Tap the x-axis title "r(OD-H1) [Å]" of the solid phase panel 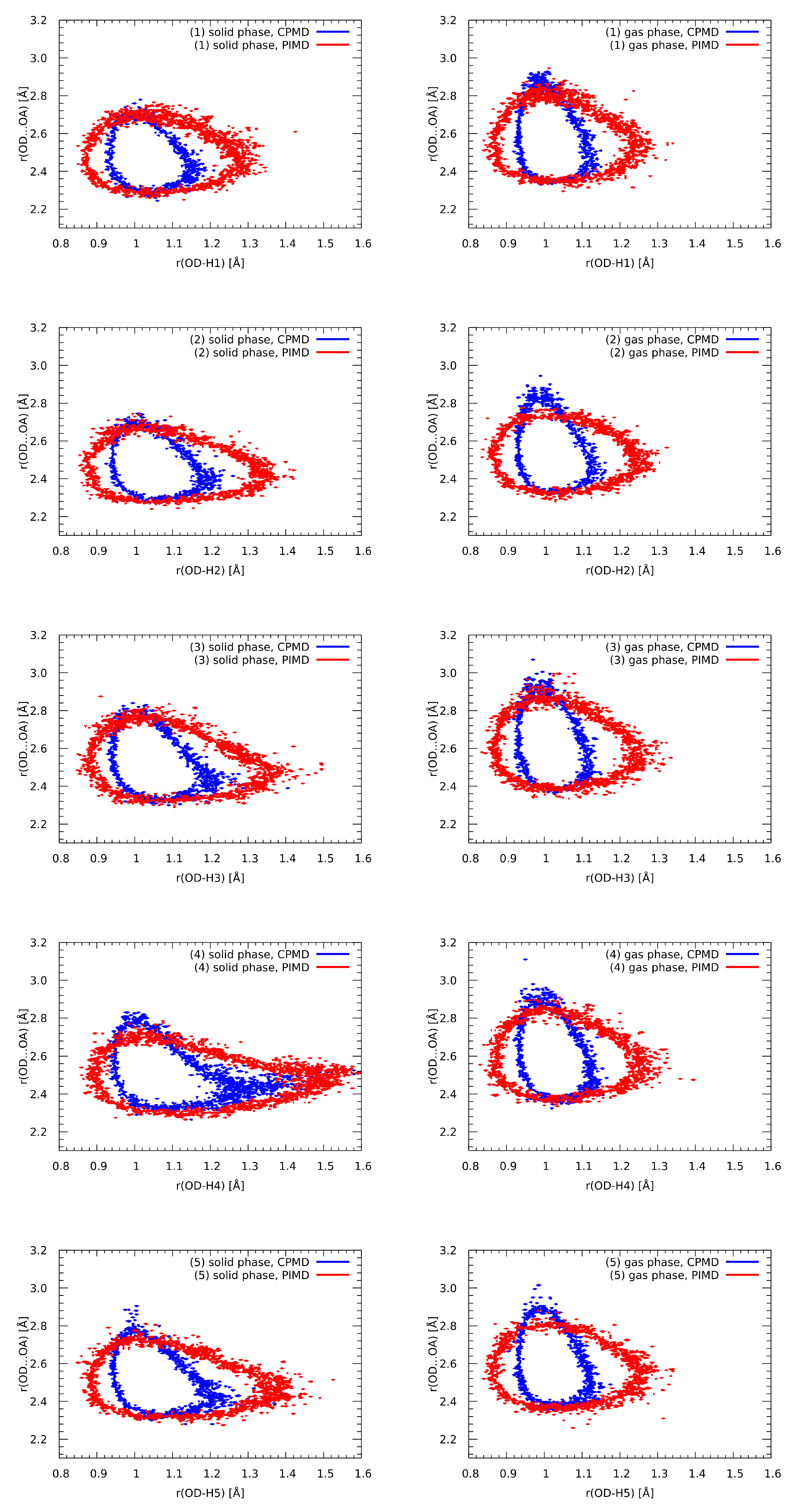point(210,263)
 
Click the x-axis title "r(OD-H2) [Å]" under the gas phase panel point(619,570)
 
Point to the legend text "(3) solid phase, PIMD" point(251,660)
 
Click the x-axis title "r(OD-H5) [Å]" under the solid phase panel point(210,1492)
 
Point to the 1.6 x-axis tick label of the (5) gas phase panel point(772,1473)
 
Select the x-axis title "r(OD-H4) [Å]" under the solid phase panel point(210,1185)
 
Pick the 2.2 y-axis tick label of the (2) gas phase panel point(448,517)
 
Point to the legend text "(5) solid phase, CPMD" point(249,1262)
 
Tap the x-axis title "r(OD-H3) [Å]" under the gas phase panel point(619,878)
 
